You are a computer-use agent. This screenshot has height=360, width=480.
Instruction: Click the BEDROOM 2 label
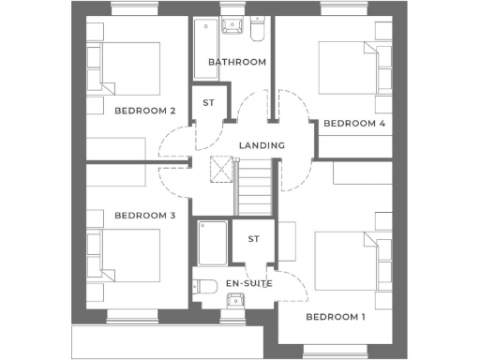(145, 111)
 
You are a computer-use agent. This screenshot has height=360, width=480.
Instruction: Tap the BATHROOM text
(237, 62)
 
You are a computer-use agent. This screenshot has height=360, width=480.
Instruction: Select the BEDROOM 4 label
(354, 123)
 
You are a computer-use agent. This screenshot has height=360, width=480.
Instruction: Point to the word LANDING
(262, 146)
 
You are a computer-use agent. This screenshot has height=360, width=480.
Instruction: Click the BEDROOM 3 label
(145, 216)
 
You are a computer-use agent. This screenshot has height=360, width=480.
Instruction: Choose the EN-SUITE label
(248, 282)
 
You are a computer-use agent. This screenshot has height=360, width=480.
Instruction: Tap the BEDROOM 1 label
(336, 316)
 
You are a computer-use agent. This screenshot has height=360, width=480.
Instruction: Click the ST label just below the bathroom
(208, 102)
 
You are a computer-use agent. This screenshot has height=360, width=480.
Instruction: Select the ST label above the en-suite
(253, 239)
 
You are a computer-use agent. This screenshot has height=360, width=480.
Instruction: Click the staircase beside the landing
(255, 187)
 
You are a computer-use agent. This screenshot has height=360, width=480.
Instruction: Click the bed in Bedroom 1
(345, 261)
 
